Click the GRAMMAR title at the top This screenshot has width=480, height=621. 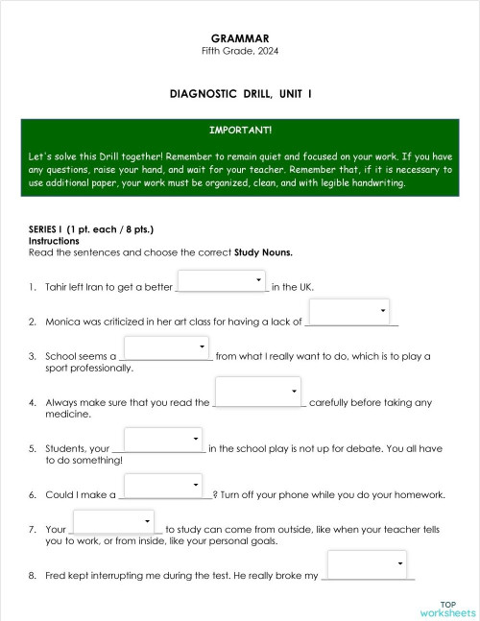[241, 38]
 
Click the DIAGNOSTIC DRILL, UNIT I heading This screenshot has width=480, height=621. [241, 93]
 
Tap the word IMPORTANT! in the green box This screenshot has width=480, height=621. [240, 129]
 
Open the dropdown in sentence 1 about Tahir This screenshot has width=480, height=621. [222, 280]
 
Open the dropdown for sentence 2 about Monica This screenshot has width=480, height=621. [349, 313]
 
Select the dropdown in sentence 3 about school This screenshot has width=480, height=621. [166, 346]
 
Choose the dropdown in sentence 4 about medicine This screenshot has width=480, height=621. [258, 393]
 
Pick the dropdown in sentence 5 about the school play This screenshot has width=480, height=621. [162, 440]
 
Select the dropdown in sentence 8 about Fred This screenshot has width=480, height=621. [368, 565]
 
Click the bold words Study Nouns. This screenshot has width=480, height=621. [263, 252]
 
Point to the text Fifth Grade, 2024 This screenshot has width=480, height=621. [241, 51]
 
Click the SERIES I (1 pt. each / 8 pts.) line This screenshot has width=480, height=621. [91, 230]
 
